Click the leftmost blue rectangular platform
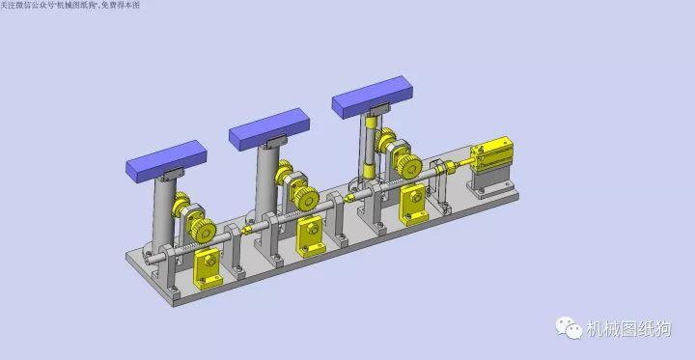click(x=165, y=159)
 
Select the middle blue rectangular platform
click(x=269, y=129)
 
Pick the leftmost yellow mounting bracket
click(x=208, y=269)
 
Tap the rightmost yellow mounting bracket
click(x=413, y=201)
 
